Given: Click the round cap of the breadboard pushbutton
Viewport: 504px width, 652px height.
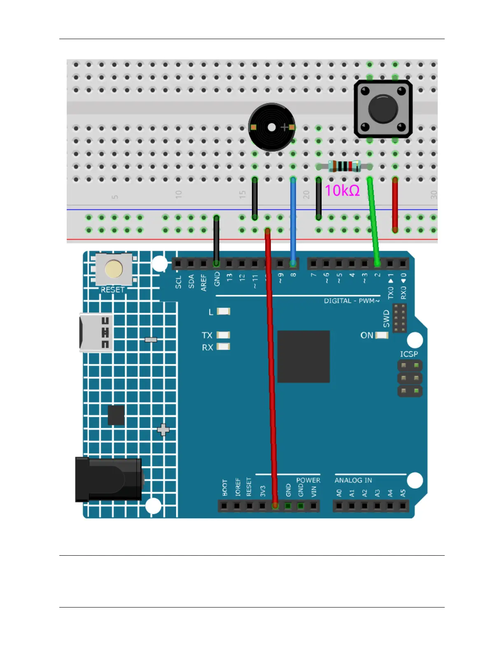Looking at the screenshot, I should [383, 109].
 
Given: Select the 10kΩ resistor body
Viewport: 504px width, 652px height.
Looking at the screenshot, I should [344, 166].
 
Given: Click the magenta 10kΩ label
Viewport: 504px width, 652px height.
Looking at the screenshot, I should [342, 191].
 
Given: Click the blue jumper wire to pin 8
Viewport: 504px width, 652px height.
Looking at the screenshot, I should [293, 218].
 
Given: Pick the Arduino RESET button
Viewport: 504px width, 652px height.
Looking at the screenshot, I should [114, 269].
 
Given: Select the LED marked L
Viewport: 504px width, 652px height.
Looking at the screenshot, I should [224, 312].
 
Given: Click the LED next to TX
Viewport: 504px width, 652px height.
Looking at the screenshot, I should [224, 335].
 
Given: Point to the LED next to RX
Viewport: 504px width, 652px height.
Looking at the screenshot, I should [224, 347].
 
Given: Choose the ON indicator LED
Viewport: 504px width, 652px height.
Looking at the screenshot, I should [382, 335].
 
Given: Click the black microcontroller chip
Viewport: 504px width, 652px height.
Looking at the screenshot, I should [303, 356].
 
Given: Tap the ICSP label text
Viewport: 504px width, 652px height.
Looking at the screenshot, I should [409, 354].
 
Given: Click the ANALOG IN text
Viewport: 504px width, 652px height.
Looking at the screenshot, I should [353, 480].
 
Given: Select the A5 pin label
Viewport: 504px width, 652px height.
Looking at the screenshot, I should [403, 493].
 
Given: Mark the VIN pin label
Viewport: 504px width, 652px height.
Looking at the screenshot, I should [314, 491].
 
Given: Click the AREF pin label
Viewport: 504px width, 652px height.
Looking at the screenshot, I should [204, 283].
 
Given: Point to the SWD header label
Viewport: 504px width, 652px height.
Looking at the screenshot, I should [386, 319].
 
